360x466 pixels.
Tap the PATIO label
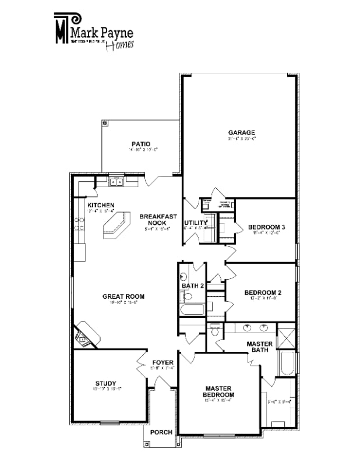click(140, 144)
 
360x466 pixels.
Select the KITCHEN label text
click(101, 205)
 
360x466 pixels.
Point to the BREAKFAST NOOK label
click(158, 220)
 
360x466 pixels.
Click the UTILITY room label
click(196, 223)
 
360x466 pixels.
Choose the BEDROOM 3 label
click(266, 227)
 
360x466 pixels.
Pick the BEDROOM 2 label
click(263, 292)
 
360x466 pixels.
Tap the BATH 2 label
click(192, 285)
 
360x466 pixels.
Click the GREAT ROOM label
click(123, 296)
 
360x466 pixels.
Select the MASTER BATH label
click(259, 347)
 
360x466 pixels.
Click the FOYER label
click(163, 362)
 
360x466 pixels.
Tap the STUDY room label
click(105, 383)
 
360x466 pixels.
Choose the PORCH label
click(161, 432)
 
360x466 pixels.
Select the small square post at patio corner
click(105, 123)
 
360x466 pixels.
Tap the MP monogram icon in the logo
click(61, 28)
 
